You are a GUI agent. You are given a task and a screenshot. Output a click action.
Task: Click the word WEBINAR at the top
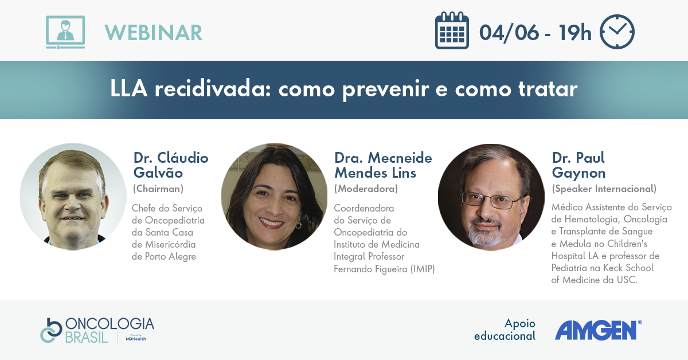click(153, 33)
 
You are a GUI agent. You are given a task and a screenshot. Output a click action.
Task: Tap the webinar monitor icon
click(65, 32)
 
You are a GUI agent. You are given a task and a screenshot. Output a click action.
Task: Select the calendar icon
click(452, 30)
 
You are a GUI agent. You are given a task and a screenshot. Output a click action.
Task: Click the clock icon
click(617, 32)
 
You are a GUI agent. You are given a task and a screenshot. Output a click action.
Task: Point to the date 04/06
click(509, 33)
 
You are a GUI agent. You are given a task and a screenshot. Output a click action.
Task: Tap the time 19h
click(575, 33)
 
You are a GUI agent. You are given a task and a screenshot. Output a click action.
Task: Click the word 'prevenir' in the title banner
click(385, 89)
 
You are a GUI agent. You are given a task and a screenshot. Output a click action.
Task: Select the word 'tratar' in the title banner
click(548, 89)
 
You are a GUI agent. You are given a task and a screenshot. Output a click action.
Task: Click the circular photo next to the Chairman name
click(73, 197)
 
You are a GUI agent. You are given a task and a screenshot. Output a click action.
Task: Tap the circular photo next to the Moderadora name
click(274, 197)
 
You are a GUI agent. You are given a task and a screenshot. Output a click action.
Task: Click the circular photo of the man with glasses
click(491, 198)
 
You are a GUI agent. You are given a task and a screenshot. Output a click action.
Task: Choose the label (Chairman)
click(158, 189)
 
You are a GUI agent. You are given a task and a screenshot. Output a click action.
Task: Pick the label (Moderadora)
click(366, 189)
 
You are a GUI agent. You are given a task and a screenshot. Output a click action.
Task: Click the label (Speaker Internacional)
click(604, 189)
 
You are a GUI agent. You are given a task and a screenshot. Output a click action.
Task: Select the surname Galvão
click(158, 172)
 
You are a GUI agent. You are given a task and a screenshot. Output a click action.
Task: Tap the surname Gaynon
click(578, 173)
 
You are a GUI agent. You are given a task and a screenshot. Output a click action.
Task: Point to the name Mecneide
click(400, 158)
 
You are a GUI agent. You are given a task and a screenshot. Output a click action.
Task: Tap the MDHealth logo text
click(136, 339)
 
